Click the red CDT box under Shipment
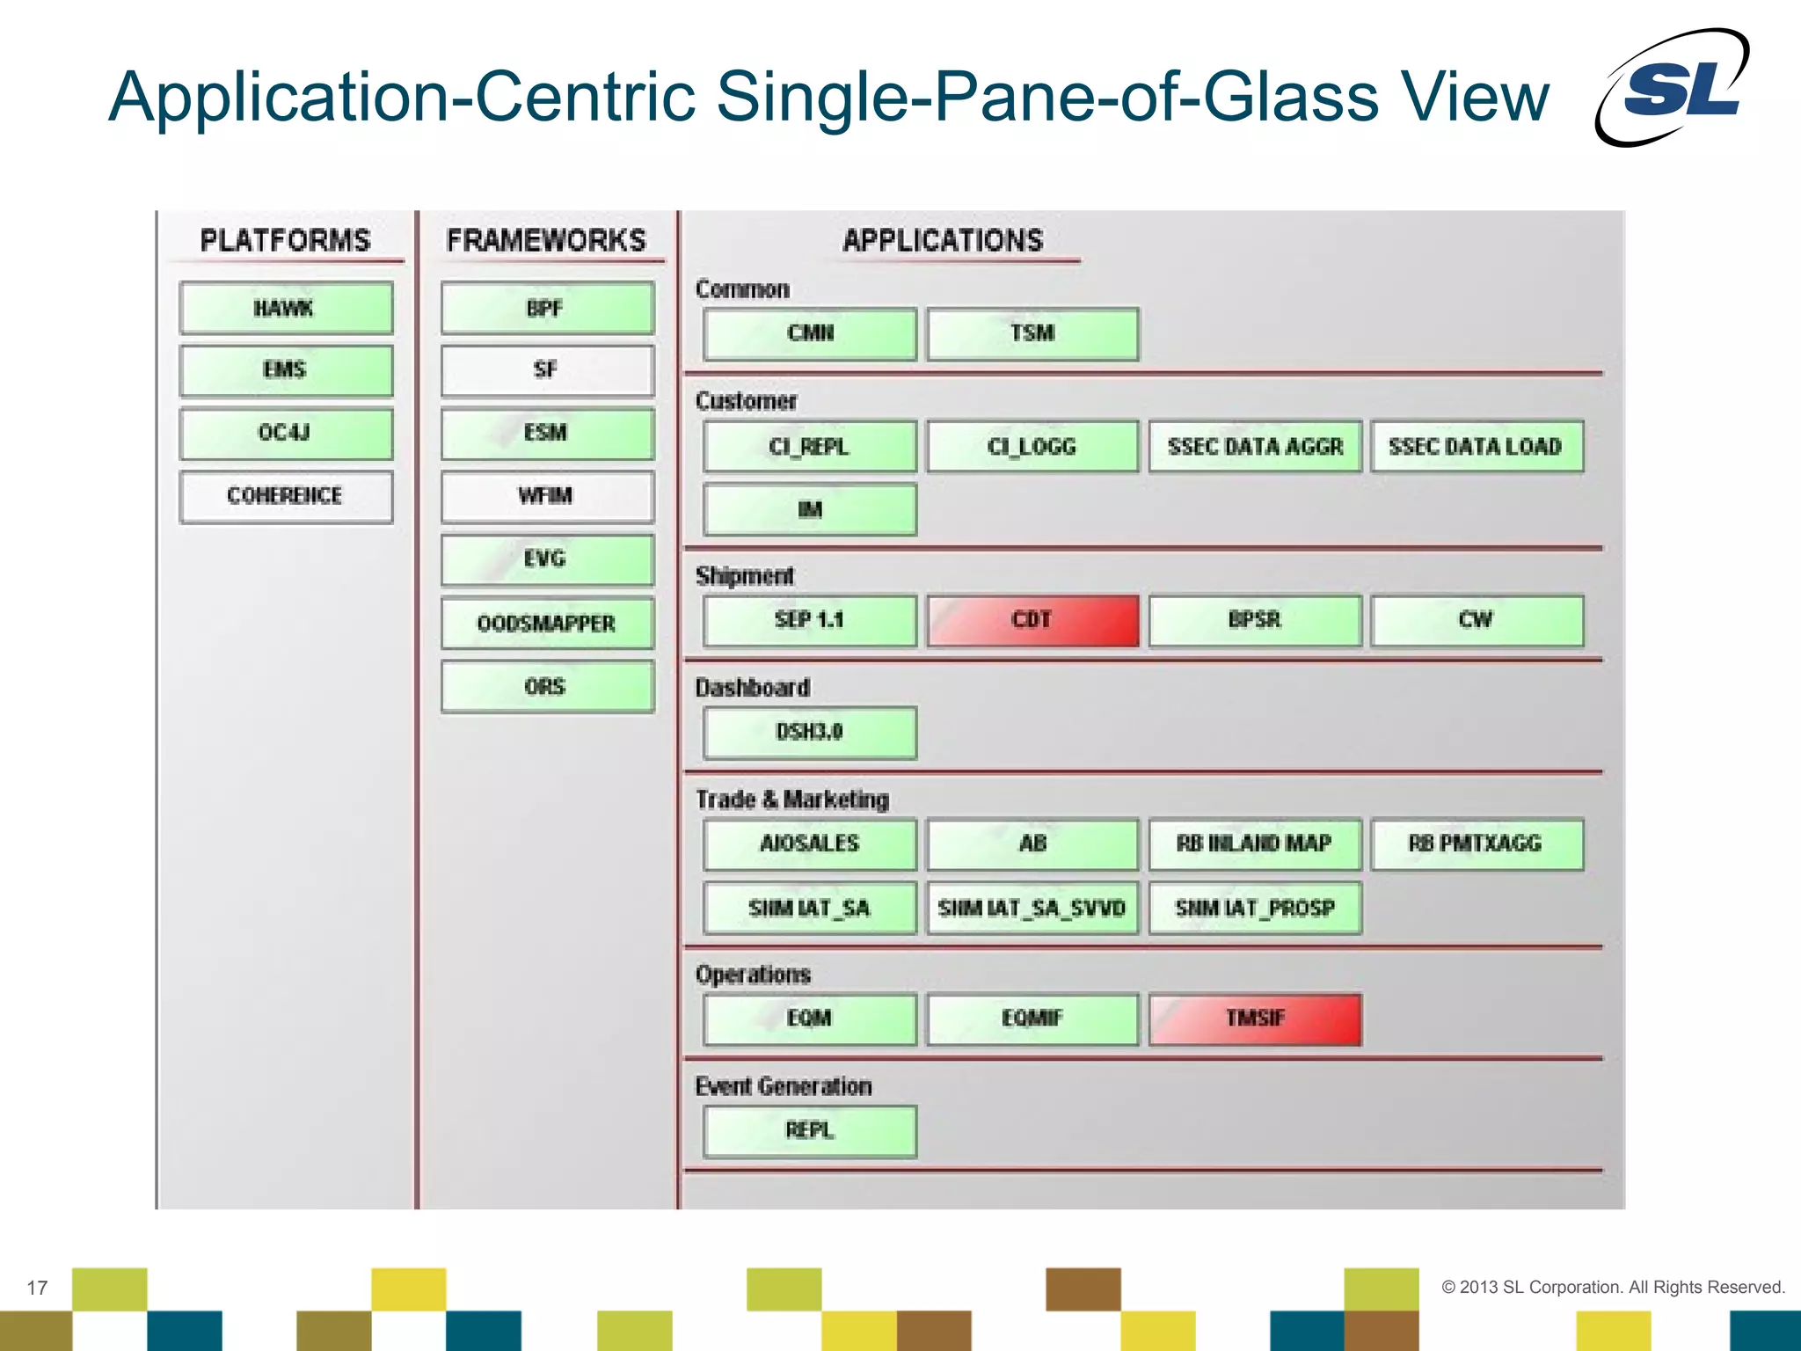click(x=1032, y=621)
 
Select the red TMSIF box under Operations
click(x=1255, y=1019)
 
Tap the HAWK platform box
click(x=286, y=309)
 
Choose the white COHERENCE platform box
click(x=286, y=497)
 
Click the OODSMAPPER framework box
click(x=547, y=624)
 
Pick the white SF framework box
click(x=547, y=370)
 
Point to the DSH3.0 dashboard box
click(x=810, y=733)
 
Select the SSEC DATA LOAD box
click(x=1477, y=447)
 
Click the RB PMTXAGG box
click(x=1477, y=844)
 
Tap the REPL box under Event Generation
click(x=810, y=1131)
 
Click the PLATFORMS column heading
click(x=286, y=240)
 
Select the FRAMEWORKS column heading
click(x=546, y=240)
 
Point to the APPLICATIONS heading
click(x=943, y=240)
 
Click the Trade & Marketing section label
click(x=792, y=800)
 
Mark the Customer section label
click(x=746, y=401)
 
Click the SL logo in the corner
click(x=1674, y=88)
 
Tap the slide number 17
click(x=37, y=1288)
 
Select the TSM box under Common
click(x=1032, y=334)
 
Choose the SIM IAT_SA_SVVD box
click(x=1032, y=909)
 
